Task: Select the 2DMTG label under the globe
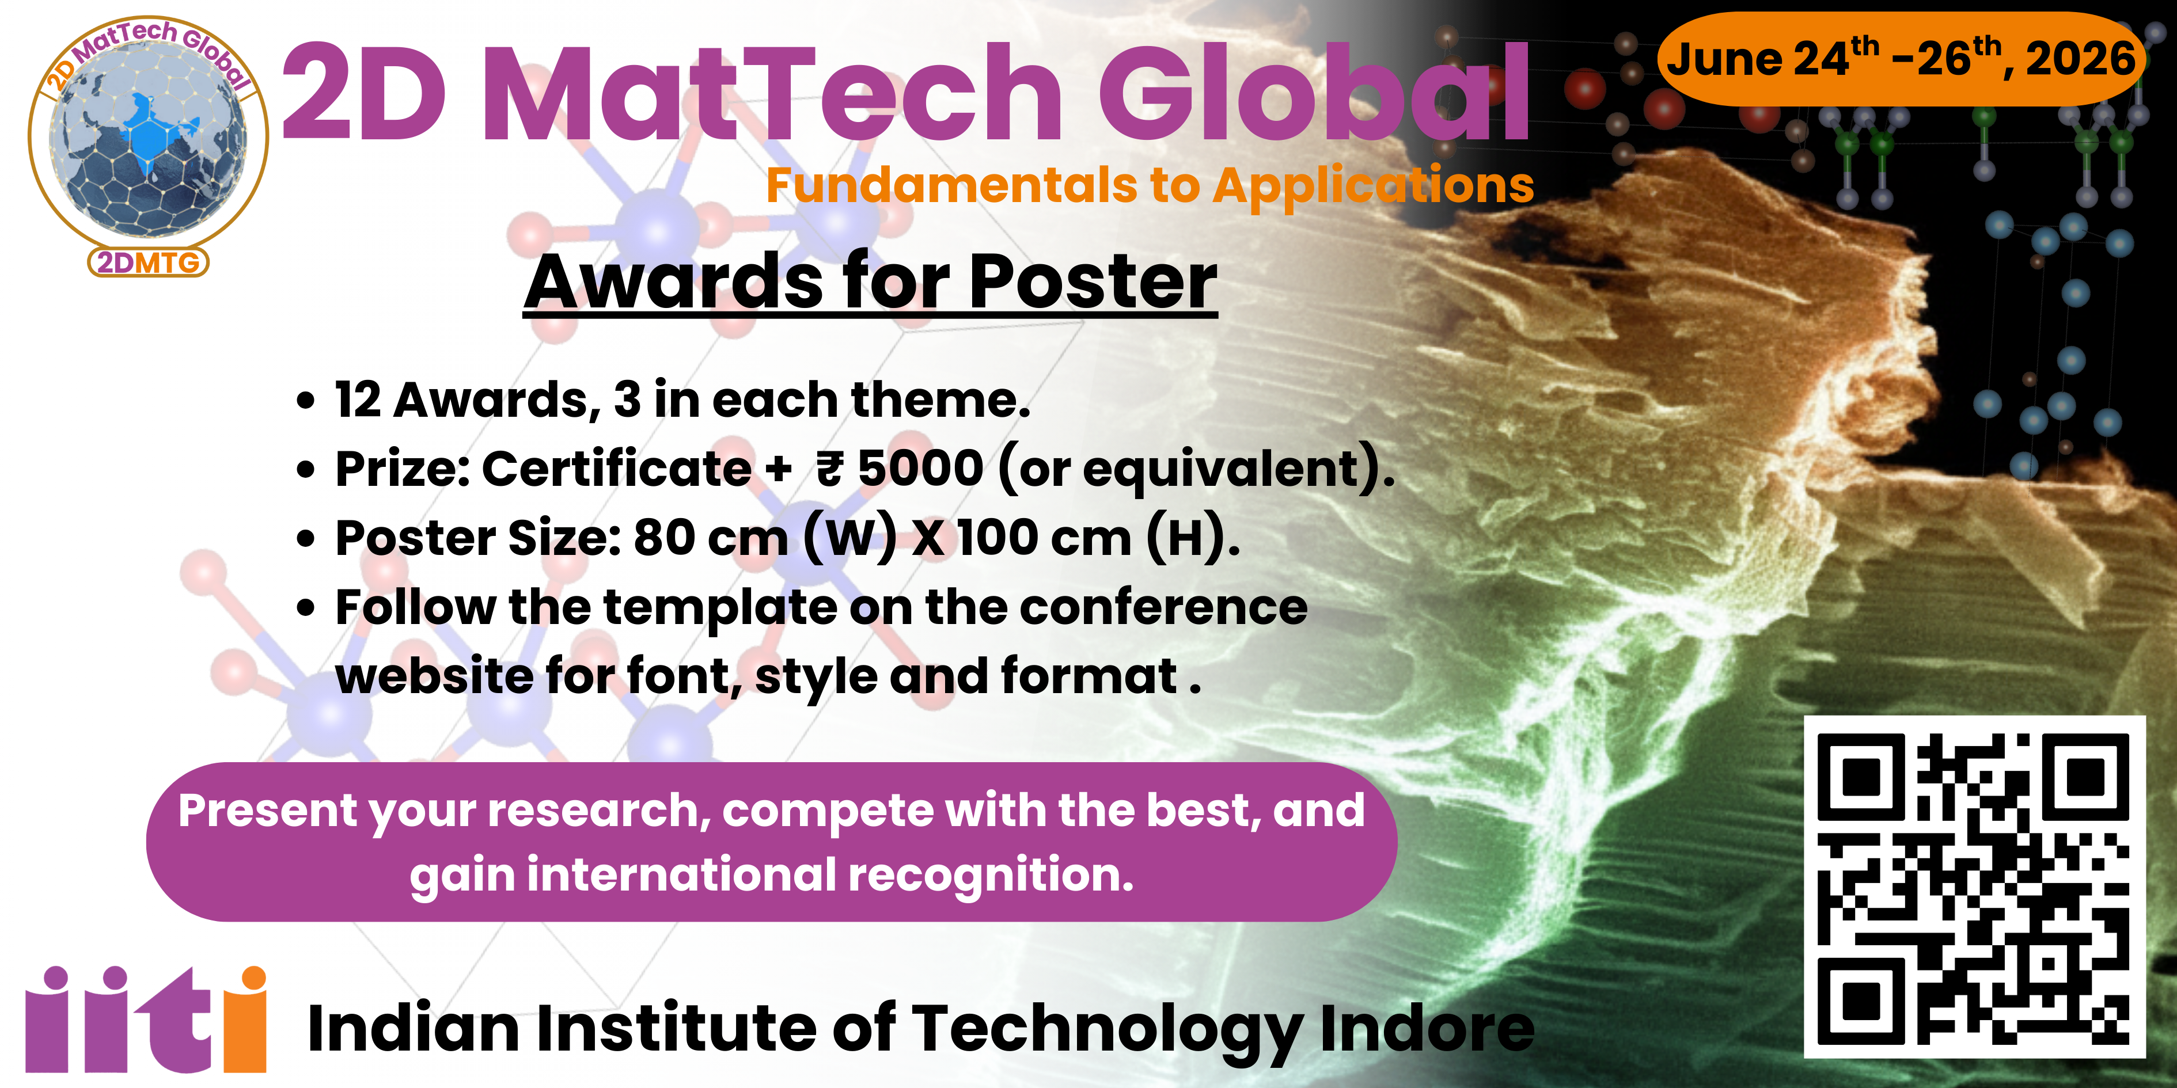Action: point(149,263)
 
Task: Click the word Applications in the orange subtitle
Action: point(1374,187)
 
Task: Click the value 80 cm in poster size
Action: point(710,538)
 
